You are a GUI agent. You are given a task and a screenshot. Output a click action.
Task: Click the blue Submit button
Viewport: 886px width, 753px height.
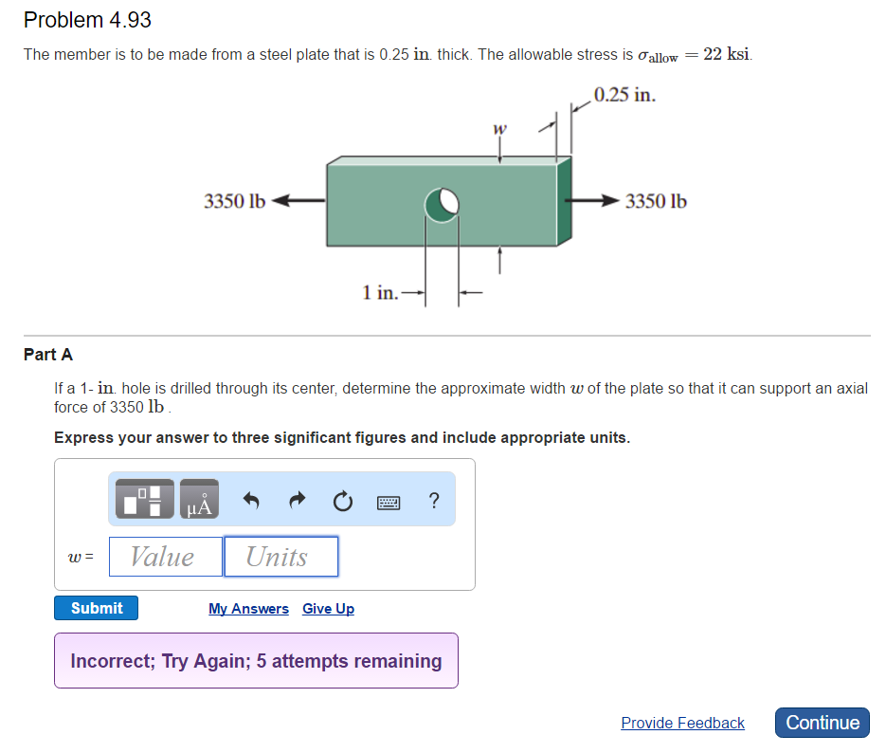96,608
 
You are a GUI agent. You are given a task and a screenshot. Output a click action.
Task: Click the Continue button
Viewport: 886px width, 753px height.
823,723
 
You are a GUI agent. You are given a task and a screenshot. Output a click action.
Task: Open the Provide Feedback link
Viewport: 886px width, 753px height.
682,724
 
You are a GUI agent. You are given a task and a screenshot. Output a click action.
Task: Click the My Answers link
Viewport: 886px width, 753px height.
248,609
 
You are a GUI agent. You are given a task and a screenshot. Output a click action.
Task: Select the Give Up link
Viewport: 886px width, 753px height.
328,609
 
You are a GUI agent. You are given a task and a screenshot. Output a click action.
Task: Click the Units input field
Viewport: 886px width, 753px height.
280,557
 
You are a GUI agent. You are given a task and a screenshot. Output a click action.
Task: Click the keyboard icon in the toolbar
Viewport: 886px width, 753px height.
389,500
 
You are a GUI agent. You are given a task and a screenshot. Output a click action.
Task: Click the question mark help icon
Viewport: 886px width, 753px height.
433,500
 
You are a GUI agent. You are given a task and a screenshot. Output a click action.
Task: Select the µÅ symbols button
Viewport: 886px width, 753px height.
198,500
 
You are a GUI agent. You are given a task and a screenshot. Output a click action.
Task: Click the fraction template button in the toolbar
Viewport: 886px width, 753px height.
144,500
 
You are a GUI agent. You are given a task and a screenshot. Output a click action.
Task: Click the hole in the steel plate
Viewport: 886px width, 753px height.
442,204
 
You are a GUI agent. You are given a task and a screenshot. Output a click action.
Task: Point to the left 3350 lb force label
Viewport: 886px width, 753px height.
235,201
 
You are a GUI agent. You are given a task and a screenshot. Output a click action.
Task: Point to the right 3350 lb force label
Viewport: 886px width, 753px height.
656,201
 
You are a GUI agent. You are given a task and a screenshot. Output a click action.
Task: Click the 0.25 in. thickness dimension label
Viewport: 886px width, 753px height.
624,95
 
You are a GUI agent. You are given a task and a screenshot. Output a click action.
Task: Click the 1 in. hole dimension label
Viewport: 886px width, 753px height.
380,292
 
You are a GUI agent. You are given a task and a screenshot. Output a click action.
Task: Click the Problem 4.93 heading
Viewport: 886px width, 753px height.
87,20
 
